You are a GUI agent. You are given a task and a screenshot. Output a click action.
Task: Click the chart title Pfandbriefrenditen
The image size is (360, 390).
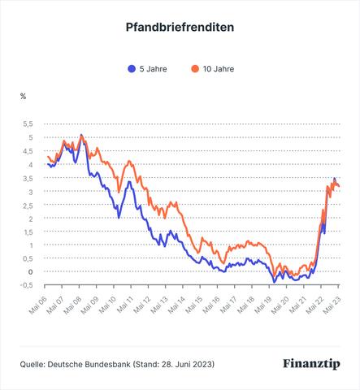[180, 27]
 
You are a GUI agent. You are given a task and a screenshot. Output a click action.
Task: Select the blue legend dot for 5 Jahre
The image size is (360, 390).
[132, 69]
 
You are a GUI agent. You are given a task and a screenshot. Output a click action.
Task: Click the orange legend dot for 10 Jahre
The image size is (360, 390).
[195, 69]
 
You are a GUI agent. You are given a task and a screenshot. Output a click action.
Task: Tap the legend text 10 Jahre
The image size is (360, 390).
[218, 69]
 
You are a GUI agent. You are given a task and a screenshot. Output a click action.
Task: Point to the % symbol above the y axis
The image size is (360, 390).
[23, 96]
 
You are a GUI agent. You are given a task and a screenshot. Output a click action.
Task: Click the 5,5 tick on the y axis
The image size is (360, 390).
[28, 124]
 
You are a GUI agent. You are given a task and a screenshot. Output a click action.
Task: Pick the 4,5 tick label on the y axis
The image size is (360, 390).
[28, 151]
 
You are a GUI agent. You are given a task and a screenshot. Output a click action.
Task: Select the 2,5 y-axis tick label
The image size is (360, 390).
[28, 205]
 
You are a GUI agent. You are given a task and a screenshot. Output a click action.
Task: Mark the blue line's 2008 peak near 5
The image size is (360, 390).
[81, 136]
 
